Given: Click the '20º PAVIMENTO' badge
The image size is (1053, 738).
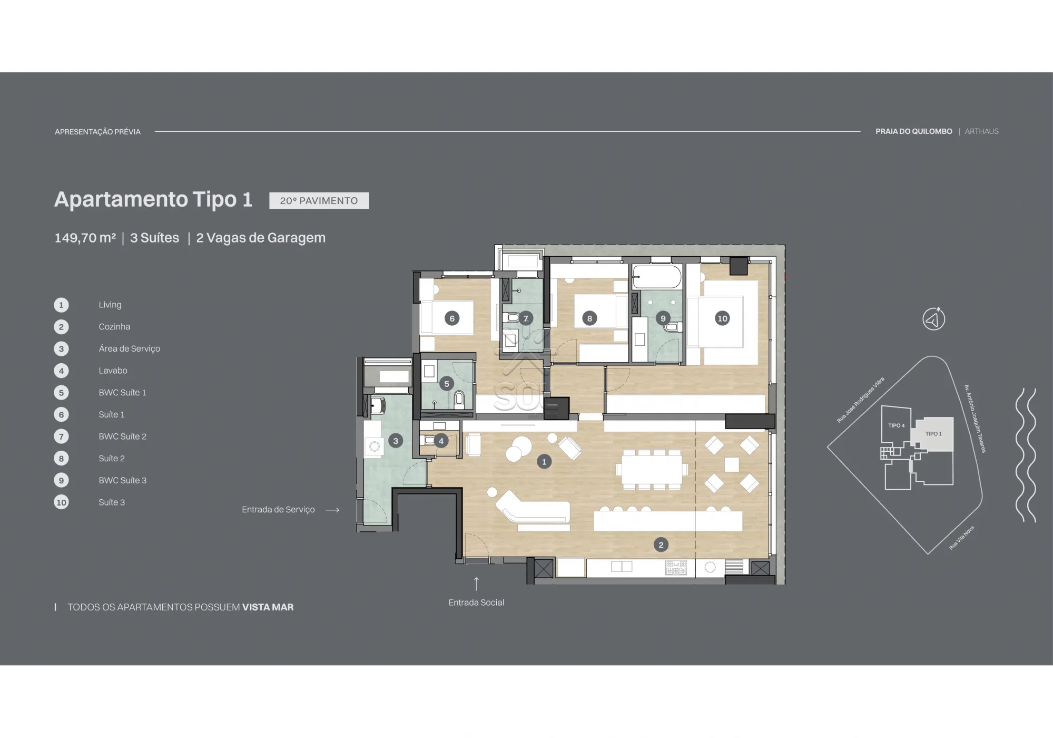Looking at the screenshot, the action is click(x=319, y=200).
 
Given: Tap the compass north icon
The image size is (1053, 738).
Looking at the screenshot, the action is click(x=933, y=319).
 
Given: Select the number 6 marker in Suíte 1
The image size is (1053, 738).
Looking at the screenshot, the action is click(x=451, y=318).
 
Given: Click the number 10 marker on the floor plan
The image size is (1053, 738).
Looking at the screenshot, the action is click(x=722, y=318).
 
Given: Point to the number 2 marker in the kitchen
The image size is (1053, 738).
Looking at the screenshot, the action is click(x=661, y=545).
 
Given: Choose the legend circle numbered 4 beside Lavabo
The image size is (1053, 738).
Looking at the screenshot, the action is click(x=61, y=371).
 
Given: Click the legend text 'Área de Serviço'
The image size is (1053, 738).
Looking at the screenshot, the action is click(x=129, y=348).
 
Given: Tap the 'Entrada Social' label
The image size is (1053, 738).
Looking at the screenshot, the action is click(x=476, y=603).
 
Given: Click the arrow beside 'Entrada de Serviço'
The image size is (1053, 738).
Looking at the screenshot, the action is click(x=332, y=510).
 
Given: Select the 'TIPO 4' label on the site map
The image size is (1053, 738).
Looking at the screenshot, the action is click(x=896, y=425).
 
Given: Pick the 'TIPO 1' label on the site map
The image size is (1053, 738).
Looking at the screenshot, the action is click(x=933, y=434).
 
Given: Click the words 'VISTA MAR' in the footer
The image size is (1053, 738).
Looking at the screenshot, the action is click(x=268, y=607).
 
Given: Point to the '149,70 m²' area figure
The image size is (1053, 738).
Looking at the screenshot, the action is click(x=85, y=238).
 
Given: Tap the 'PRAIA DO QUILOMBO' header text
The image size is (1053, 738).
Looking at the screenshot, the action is click(x=913, y=131).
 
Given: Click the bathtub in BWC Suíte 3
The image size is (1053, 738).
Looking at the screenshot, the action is click(x=656, y=277).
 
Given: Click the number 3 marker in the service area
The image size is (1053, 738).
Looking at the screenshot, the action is click(x=396, y=441).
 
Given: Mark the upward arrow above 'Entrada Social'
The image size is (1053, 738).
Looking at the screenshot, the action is click(x=476, y=584).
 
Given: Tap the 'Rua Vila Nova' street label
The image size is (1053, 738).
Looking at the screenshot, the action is click(x=961, y=538).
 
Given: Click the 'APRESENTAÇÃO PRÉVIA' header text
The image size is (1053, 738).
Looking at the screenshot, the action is click(x=97, y=132).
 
